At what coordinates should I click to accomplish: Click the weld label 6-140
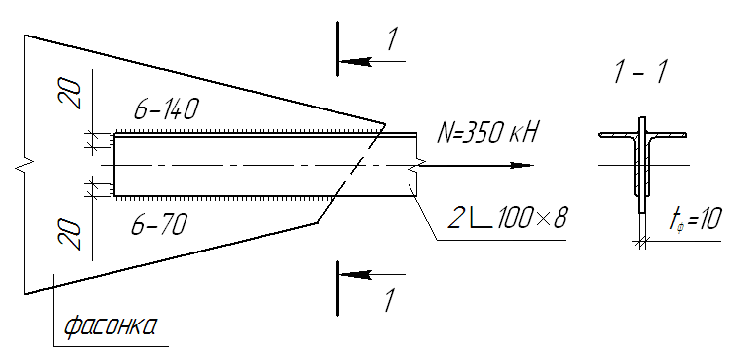(x=165, y=110)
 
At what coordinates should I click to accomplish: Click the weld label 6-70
(x=158, y=224)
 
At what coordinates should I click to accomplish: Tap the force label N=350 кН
(x=487, y=133)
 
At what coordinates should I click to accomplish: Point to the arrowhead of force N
(x=522, y=166)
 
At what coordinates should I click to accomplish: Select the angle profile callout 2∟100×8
(x=507, y=218)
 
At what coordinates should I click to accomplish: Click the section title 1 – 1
(x=640, y=73)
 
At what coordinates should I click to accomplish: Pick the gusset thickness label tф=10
(x=695, y=220)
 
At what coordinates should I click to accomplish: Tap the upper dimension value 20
(x=70, y=94)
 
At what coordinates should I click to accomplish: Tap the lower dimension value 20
(x=70, y=235)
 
